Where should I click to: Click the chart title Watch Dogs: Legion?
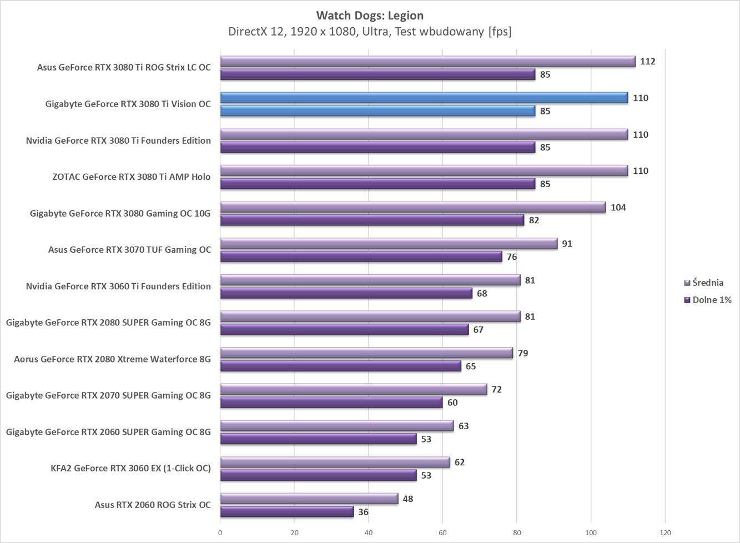[x=370, y=15]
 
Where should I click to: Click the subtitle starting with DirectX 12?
[x=370, y=32]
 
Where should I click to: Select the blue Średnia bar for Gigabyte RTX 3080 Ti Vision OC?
[x=424, y=98]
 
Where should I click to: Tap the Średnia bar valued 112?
[x=427, y=62]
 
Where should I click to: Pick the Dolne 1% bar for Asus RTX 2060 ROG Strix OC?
[x=286, y=512]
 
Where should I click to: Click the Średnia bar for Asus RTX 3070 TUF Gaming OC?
[x=389, y=244]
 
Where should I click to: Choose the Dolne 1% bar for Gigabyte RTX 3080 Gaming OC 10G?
[x=372, y=220]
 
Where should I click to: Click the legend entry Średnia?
[x=707, y=283]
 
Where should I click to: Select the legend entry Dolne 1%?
[x=711, y=300]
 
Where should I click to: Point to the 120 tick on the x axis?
[x=665, y=533]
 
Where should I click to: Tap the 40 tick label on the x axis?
[x=369, y=533]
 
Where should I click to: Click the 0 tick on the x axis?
[x=220, y=533]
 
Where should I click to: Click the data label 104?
[x=618, y=208]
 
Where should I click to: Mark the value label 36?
[x=363, y=512]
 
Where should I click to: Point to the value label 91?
[x=567, y=244]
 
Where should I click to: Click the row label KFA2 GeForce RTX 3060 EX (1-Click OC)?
[x=130, y=468]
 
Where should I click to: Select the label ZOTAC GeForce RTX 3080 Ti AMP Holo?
[x=131, y=177]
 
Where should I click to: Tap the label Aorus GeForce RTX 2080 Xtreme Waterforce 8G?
[x=112, y=359]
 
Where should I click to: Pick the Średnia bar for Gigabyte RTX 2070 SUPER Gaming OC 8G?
[x=354, y=390]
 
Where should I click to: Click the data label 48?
[x=407, y=499]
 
